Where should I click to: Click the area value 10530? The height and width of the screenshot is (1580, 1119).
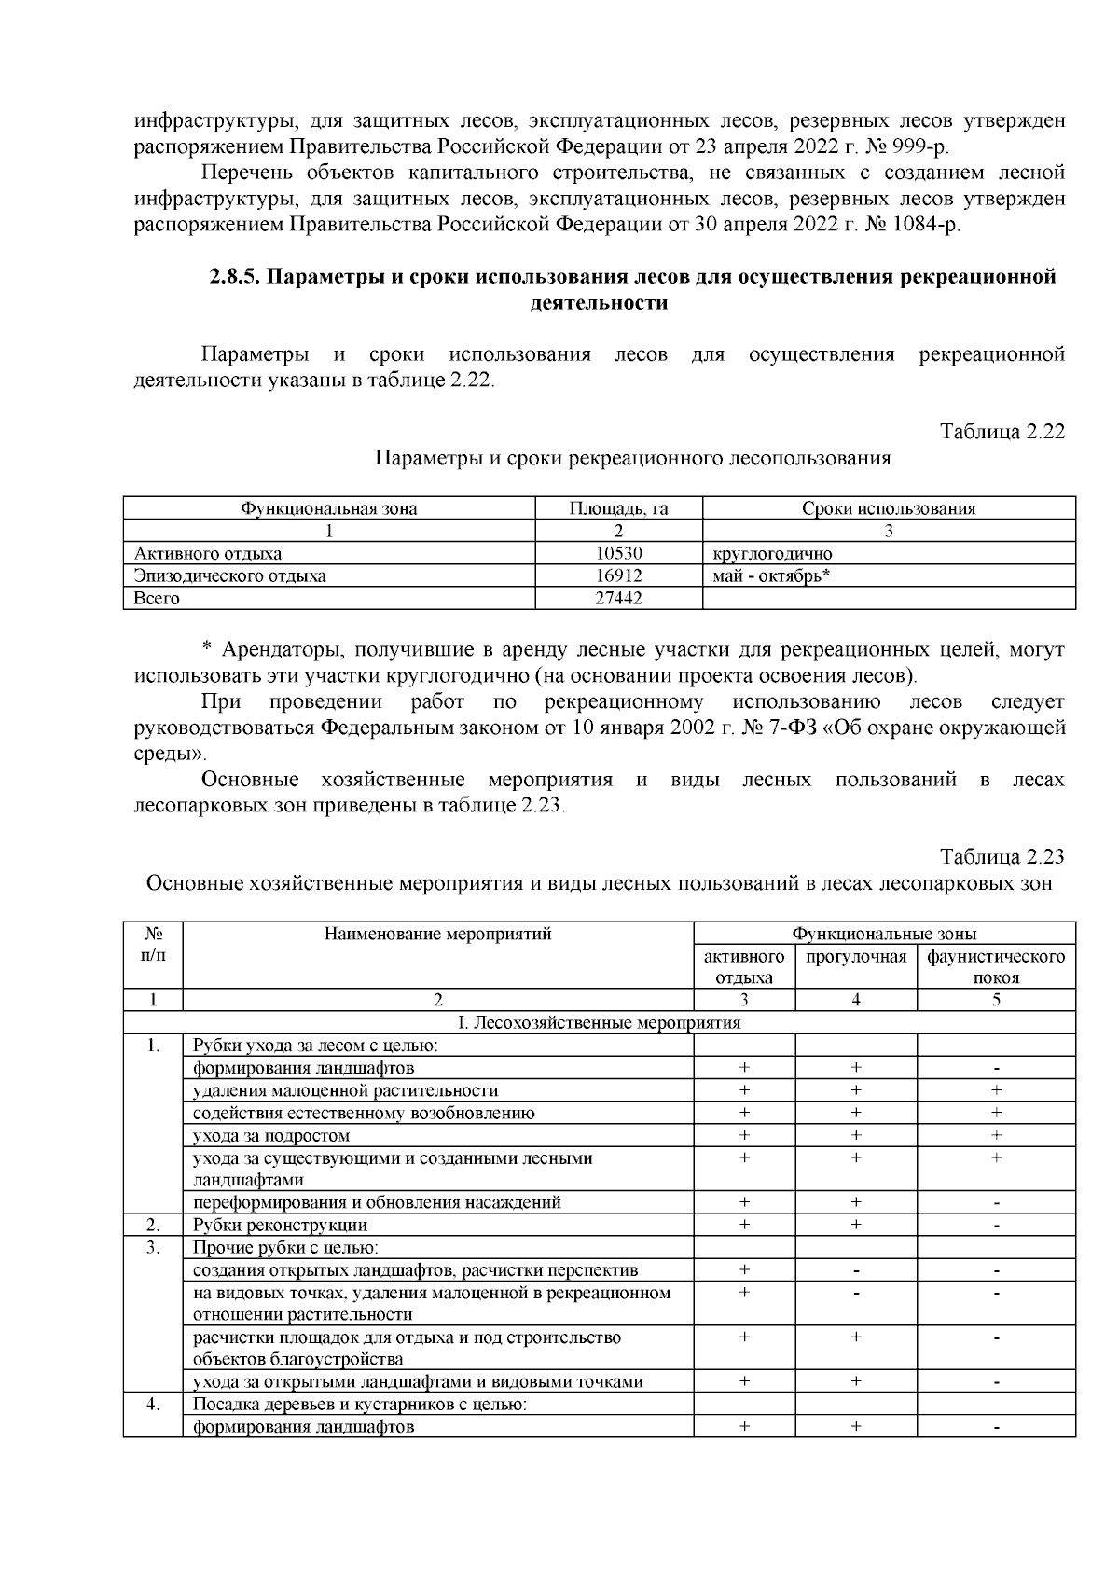pyautogui.click(x=619, y=554)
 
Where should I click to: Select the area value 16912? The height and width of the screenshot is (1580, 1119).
pyautogui.click(x=619, y=576)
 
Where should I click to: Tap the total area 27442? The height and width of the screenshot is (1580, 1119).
pyautogui.click(x=619, y=599)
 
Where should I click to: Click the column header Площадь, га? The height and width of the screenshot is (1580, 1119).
pyautogui.click(x=619, y=508)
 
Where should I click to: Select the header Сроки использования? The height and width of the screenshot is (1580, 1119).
pyautogui.click(x=889, y=508)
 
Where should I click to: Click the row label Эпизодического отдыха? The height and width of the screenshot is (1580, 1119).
pyautogui.click(x=230, y=576)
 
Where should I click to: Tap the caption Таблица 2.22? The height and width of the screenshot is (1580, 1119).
pyautogui.click(x=1002, y=432)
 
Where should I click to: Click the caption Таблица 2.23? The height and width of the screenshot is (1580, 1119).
pyautogui.click(x=1002, y=856)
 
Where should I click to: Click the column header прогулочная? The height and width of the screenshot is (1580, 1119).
pyautogui.click(x=856, y=958)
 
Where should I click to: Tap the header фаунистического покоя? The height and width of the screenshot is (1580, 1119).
pyautogui.click(x=996, y=967)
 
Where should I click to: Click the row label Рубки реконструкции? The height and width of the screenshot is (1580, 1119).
pyautogui.click(x=280, y=1226)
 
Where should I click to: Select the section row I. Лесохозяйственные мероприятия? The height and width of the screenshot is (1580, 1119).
pyautogui.click(x=600, y=1023)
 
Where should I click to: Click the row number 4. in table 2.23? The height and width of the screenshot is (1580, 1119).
pyautogui.click(x=153, y=1405)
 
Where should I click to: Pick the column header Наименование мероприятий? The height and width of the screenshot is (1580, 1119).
pyautogui.click(x=438, y=934)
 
